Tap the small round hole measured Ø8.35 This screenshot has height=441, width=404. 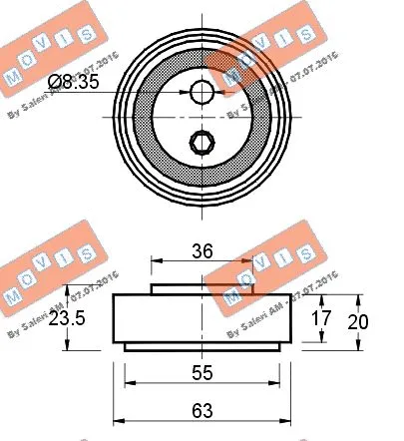(202, 92)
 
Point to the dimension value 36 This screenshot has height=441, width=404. (202, 252)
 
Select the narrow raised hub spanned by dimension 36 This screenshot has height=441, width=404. (202, 289)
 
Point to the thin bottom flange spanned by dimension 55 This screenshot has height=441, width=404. (202, 346)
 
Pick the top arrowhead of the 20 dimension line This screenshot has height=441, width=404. (356, 298)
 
